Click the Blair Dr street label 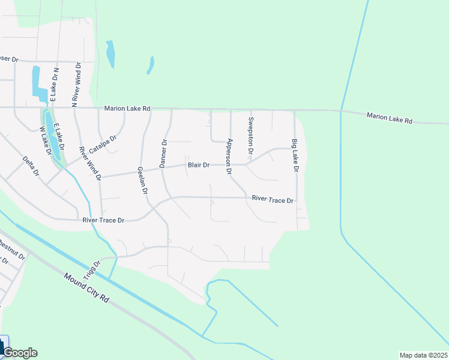coord(198,165)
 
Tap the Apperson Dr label coord(229,157)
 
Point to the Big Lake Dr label coord(295,156)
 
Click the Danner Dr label coord(163,153)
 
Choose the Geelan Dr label coord(142,181)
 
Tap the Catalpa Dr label coord(102,144)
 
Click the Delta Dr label coord(31,166)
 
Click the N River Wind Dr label coord(76,85)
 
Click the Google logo coord(20,353)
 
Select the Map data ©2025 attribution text coord(423,355)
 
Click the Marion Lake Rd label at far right coord(390,118)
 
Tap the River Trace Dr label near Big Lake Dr coord(274,199)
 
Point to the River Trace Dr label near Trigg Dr coord(103,221)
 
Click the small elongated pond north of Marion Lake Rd coord(110,54)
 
